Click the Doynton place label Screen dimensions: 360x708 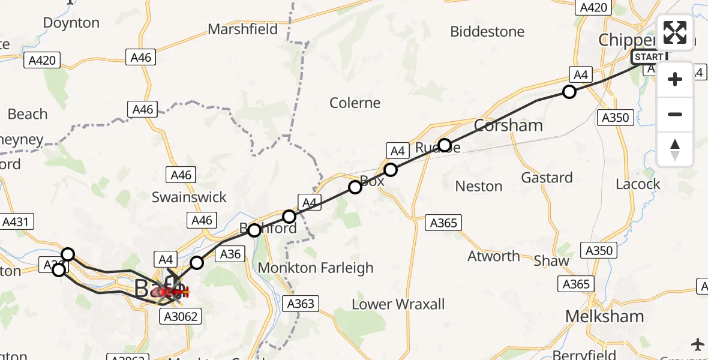tap(71, 23)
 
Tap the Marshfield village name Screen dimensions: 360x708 tap(242, 29)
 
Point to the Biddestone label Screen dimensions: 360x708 tap(487, 31)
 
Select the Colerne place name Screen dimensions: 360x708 tap(355, 103)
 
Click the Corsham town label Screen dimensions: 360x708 tap(508, 125)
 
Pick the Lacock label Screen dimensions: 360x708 tap(638, 184)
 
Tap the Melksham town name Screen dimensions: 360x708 tap(605, 316)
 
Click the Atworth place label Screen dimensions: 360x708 tap(494, 256)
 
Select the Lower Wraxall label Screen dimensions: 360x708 tap(398, 304)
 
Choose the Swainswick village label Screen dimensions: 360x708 tap(189, 197)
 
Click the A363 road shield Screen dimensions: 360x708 tap(301, 304)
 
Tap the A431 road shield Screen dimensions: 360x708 tap(16, 222)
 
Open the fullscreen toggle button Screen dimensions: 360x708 tap(675, 32)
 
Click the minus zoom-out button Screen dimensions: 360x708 tap(675, 114)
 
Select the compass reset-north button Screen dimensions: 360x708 tap(675, 149)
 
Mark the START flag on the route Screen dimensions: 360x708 tap(649, 57)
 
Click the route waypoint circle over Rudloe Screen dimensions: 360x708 tap(444, 145)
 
